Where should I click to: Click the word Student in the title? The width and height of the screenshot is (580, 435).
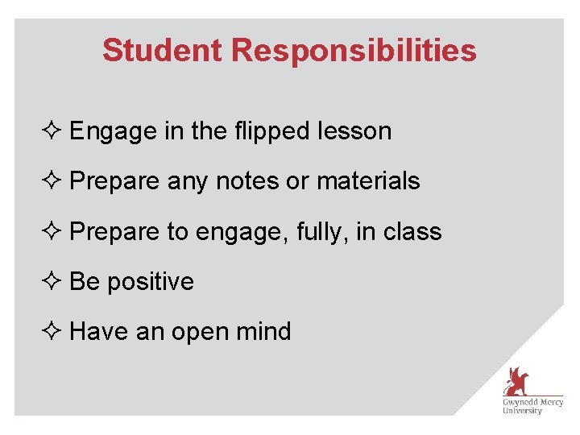(x=162, y=50)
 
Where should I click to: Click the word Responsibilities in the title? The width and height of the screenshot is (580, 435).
(x=354, y=51)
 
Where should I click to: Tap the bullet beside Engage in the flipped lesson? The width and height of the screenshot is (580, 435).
(x=55, y=131)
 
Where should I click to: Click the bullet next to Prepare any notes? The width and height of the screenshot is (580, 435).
(x=55, y=181)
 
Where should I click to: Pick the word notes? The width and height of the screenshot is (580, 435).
(x=246, y=181)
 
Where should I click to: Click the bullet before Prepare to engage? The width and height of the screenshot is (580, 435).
(x=55, y=231)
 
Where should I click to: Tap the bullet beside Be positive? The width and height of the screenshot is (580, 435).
(x=55, y=281)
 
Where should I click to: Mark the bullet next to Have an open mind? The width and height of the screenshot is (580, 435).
(x=55, y=331)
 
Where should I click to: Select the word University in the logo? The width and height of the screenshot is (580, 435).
(x=522, y=411)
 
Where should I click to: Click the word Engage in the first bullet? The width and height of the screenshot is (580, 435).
(x=112, y=132)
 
